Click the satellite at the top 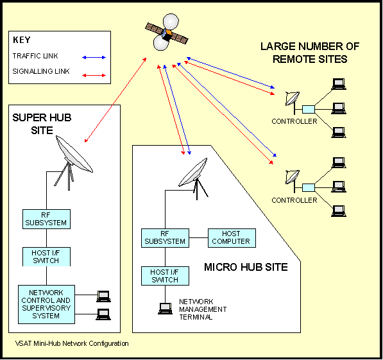point(166,31)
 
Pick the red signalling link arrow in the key point(94,76)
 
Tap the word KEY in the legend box point(22,40)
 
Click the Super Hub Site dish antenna point(73,155)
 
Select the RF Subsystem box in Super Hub point(45,219)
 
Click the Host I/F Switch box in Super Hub point(45,257)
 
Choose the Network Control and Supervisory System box point(46,302)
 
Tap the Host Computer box point(230,237)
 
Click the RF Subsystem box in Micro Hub point(165,237)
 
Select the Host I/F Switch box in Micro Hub point(165,276)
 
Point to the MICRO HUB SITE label point(246,267)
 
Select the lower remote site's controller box point(309,187)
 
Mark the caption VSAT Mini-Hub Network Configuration point(71,344)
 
